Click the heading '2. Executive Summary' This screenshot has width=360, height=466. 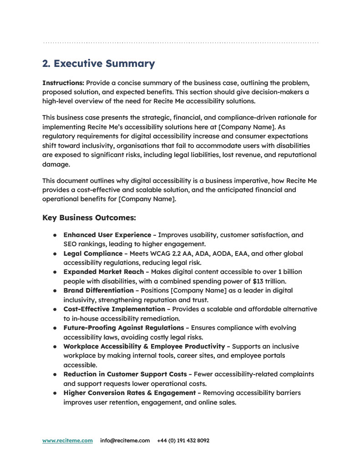(x=99, y=64)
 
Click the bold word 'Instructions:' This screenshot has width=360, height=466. (x=63, y=83)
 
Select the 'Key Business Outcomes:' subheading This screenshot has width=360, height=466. (x=89, y=218)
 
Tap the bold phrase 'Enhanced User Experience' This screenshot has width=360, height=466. (x=107, y=235)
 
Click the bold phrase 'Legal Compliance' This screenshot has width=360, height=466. (x=93, y=253)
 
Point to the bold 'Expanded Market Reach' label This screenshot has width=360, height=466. (x=103, y=272)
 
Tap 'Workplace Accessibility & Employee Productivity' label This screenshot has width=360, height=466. (x=144, y=346)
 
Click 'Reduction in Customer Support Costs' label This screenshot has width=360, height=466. (x=125, y=374)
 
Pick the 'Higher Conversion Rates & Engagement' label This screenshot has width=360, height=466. (x=129, y=393)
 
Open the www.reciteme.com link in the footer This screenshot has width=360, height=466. (x=67, y=441)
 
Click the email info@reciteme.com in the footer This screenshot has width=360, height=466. (x=125, y=441)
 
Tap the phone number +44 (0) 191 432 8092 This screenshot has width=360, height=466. (x=183, y=441)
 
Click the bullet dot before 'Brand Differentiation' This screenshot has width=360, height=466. (x=54, y=290)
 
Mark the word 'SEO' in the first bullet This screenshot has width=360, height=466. (x=71, y=244)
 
